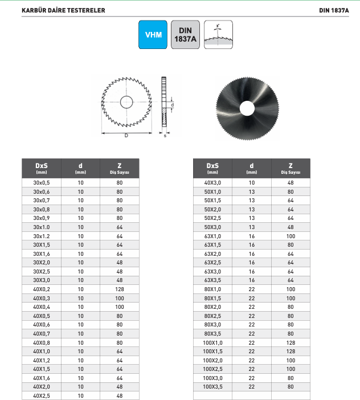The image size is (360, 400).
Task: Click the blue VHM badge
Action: point(153,35)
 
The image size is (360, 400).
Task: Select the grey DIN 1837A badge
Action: point(185,35)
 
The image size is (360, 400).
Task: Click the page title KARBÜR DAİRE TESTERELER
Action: point(63,10)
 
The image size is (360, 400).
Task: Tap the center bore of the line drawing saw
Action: point(126,103)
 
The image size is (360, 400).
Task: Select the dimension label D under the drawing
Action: point(126,136)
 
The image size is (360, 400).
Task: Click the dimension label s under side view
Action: point(164,136)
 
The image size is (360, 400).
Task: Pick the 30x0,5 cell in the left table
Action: point(42,183)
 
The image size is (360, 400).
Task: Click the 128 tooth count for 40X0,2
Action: point(120,289)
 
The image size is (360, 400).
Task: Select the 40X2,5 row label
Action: point(42,395)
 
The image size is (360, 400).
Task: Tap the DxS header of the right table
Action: point(212,168)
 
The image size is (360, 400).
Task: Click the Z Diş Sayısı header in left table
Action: point(120,168)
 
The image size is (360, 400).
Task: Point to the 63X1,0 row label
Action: point(212,236)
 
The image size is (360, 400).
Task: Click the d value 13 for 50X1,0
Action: point(252,192)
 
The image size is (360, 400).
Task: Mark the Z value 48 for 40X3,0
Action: point(291,183)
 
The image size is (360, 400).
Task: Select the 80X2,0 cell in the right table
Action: point(212,307)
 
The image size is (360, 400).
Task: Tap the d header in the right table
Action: point(252,168)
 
